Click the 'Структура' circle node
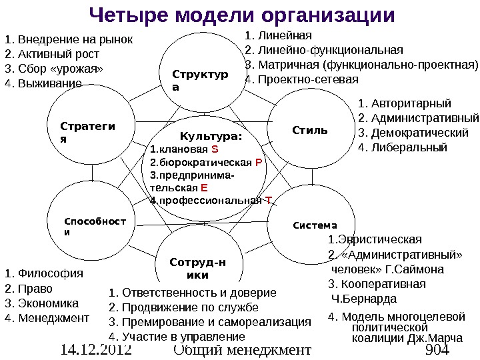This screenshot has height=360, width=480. (199, 79)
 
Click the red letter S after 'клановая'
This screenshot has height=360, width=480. (205, 149)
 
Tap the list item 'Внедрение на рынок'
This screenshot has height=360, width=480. (74, 39)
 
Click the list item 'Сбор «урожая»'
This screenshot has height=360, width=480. (60, 69)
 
